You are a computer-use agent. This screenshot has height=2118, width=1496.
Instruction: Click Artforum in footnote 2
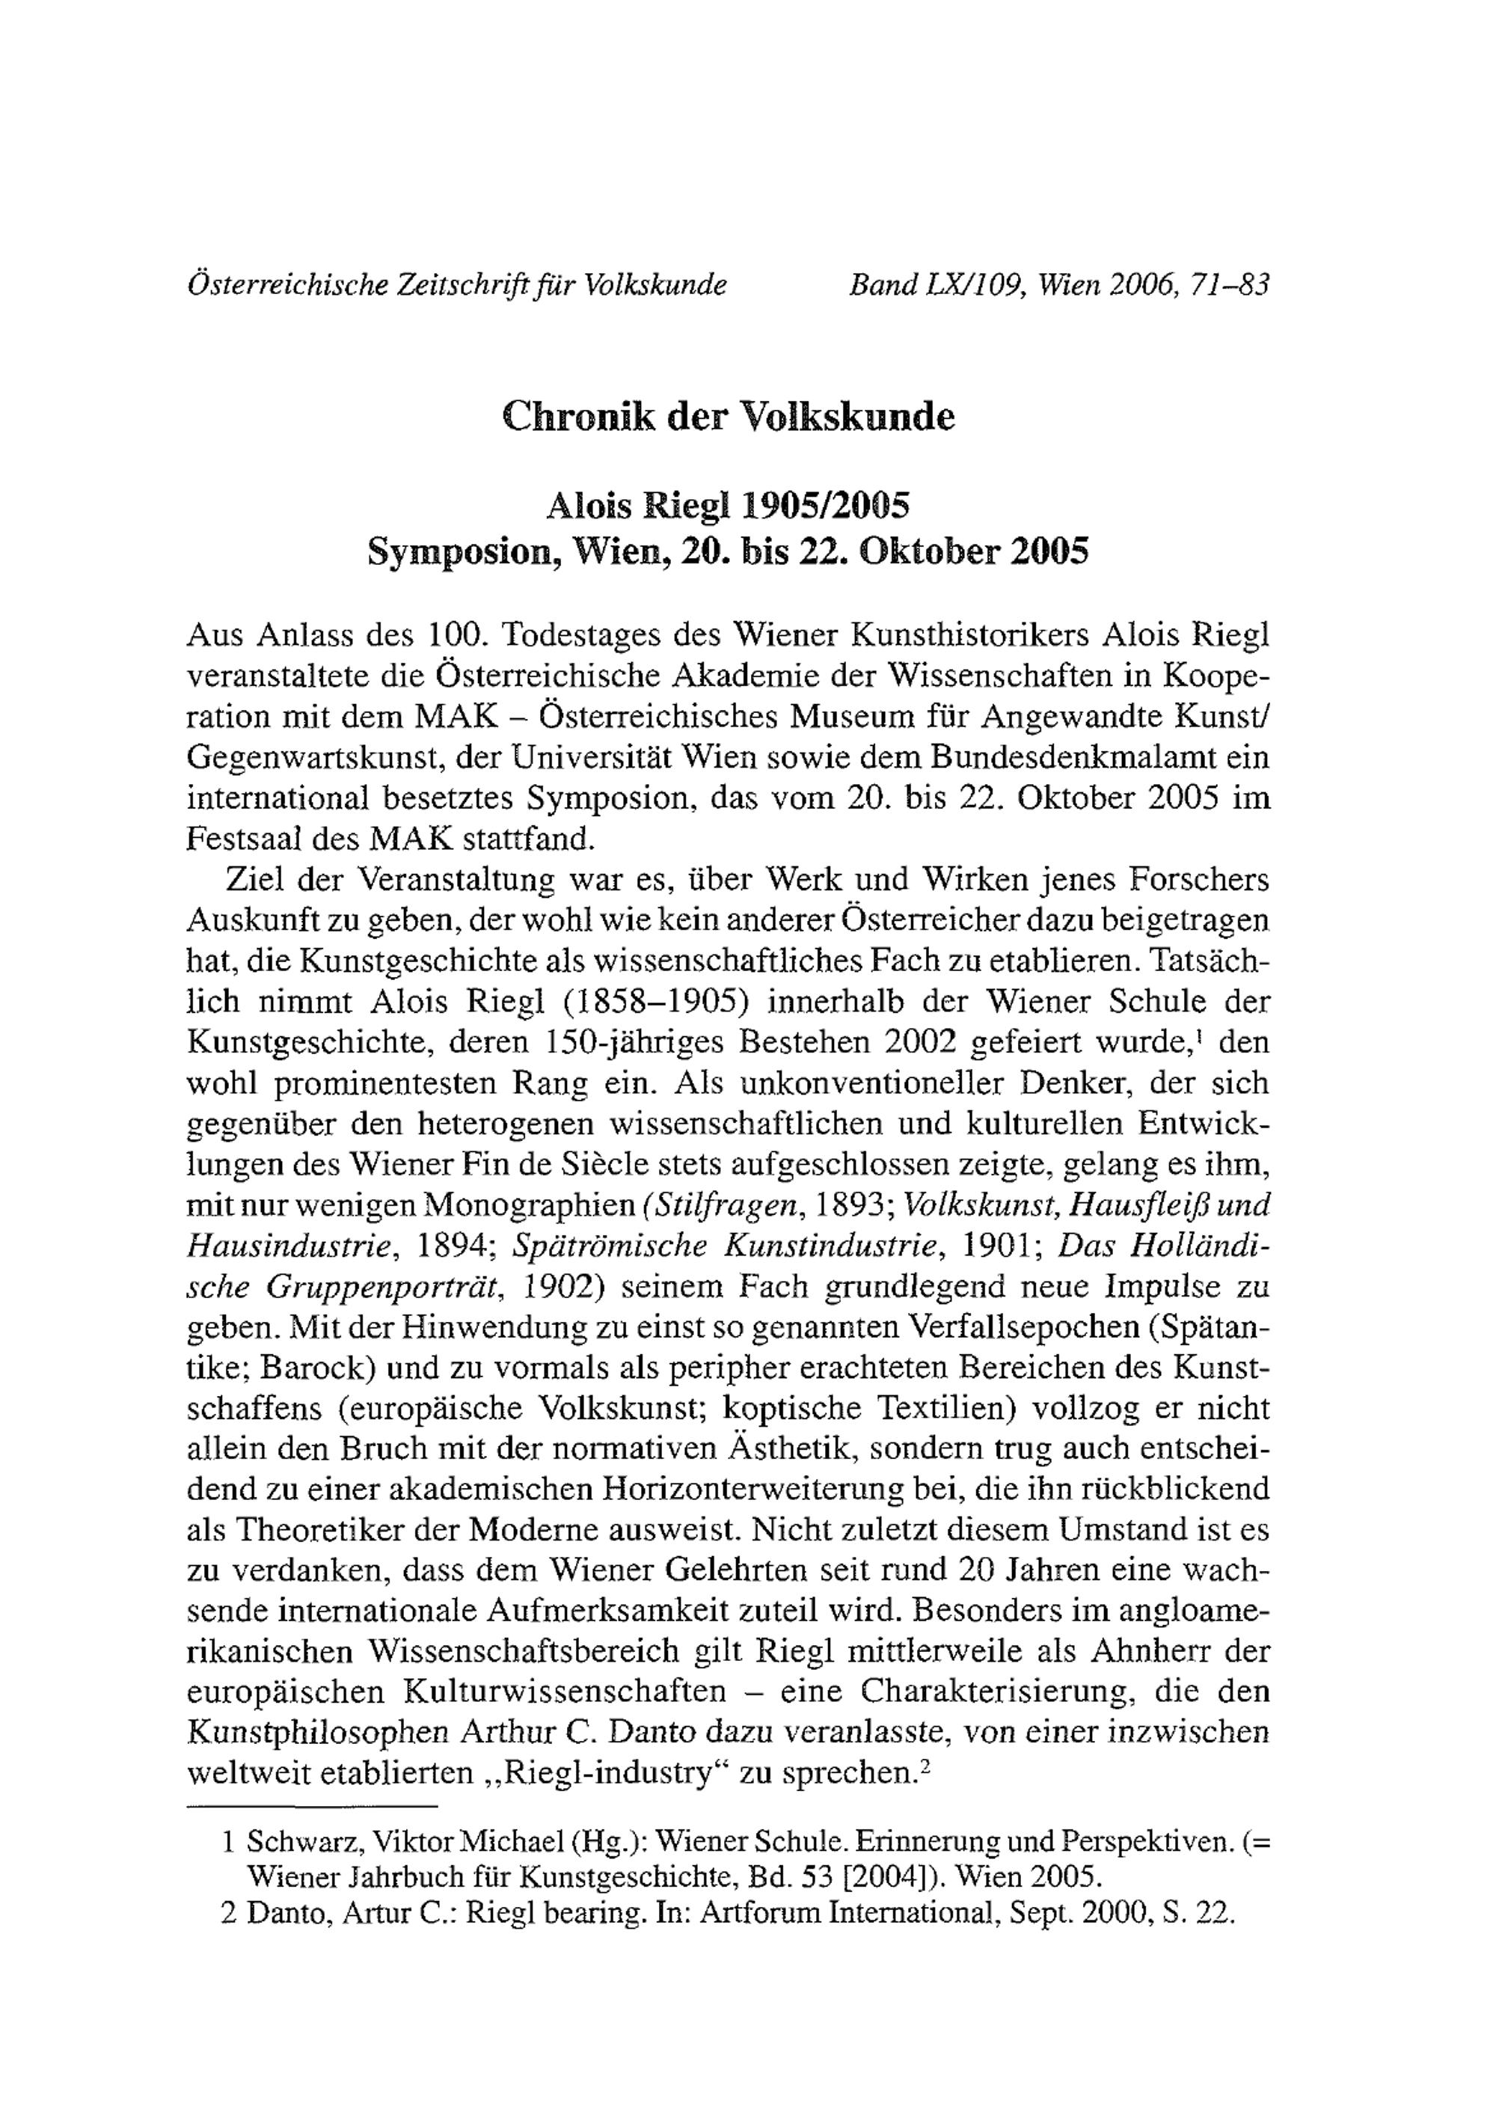pyautogui.click(x=759, y=1924)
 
